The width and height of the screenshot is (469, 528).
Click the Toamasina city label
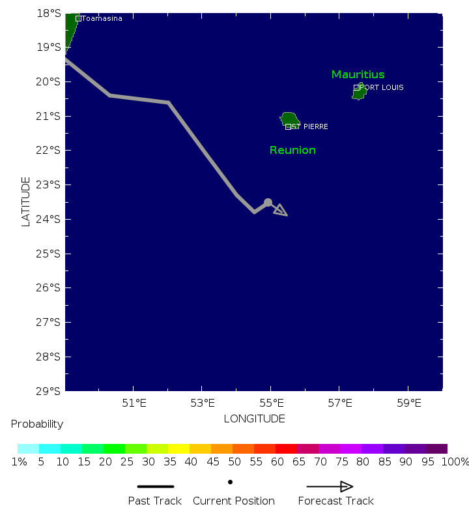click(x=102, y=18)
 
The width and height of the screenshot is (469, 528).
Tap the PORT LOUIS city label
click(x=382, y=87)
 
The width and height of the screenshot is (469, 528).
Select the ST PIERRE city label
click(x=310, y=126)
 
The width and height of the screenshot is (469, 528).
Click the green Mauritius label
click(x=358, y=74)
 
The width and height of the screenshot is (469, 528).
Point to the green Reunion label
click(x=292, y=150)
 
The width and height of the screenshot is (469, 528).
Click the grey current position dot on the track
click(x=268, y=203)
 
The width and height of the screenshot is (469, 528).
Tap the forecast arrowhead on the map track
click(x=281, y=210)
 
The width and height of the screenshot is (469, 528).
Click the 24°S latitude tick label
click(x=50, y=219)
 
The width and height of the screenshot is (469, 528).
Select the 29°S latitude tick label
click(x=50, y=391)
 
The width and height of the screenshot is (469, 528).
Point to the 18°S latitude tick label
click(x=50, y=13)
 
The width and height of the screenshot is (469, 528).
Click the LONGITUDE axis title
click(x=254, y=418)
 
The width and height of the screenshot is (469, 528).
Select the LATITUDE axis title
click(x=26, y=201)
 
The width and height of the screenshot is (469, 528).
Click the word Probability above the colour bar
click(x=37, y=424)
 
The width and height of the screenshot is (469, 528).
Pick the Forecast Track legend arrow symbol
click(x=330, y=486)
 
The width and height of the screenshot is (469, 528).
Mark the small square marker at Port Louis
click(x=356, y=87)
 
